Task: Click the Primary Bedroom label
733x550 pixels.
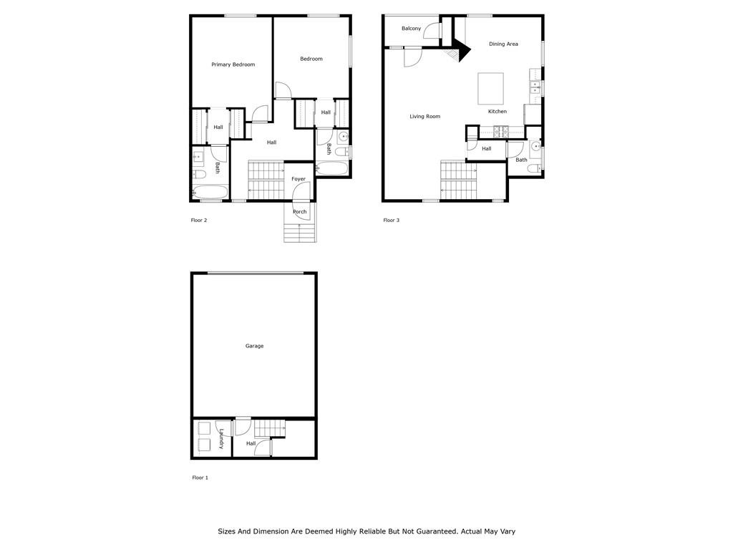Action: click(x=233, y=64)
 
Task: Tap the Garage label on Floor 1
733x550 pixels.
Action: click(x=254, y=346)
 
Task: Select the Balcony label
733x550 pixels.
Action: click(x=411, y=29)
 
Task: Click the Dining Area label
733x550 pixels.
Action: click(x=503, y=44)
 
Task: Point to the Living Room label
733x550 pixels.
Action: click(x=424, y=117)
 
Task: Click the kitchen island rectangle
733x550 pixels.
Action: click(x=490, y=88)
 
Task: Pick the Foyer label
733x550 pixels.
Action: click(x=298, y=179)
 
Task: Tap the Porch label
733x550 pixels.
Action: click(x=300, y=212)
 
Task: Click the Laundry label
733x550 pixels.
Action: click(x=222, y=439)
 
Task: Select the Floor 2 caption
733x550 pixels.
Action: click(x=199, y=221)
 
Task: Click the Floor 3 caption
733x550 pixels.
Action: click(x=391, y=221)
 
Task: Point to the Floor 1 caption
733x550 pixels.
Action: click(x=200, y=478)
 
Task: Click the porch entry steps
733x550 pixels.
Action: click(x=300, y=233)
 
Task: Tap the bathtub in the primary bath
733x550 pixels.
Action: click(x=210, y=192)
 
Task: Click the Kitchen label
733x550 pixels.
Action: click(x=497, y=112)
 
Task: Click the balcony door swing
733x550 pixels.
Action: click(x=432, y=31)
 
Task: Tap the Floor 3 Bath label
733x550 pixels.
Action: click(x=521, y=160)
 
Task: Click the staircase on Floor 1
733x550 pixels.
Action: click(x=270, y=428)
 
